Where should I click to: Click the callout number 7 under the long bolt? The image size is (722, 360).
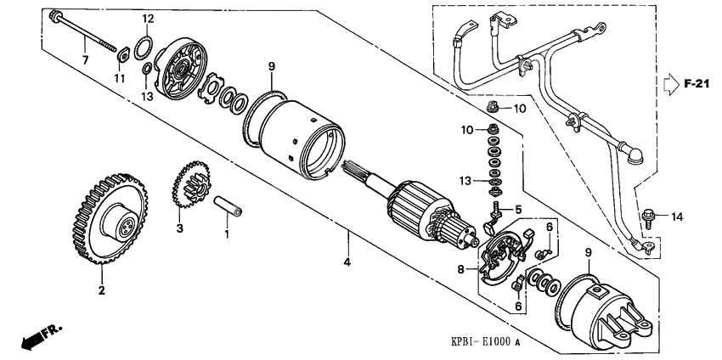coord(84,59)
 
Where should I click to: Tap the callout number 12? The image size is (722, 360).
coord(147,19)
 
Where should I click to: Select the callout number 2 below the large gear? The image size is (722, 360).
coord(101,290)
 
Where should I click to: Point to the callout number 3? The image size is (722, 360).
coord(180,228)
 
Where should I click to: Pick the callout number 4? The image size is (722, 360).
coord(347,262)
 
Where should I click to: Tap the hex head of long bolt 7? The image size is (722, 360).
coord(55,15)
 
